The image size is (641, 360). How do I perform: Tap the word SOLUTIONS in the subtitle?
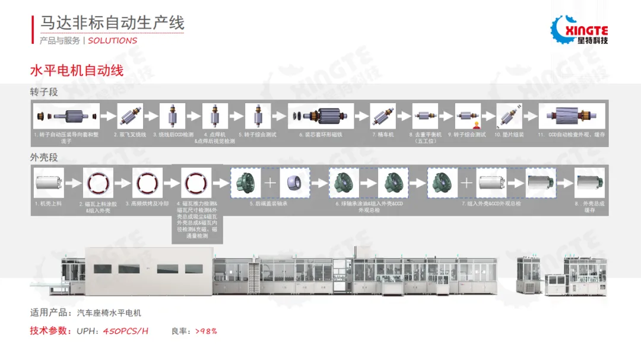coord(112,40)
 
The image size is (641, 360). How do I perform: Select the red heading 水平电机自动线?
coord(77,71)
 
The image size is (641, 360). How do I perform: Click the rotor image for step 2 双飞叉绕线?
coord(130,116)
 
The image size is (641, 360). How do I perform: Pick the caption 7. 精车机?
coord(382,135)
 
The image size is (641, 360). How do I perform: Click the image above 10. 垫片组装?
coord(509,116)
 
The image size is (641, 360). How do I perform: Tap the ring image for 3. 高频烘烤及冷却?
coord(147,182)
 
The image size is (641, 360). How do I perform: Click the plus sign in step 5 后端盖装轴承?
coord(270,183)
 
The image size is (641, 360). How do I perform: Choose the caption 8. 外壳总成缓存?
coord(589,206)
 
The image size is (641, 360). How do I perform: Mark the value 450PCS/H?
coord(126,331)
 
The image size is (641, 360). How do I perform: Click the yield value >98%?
coord(206,331)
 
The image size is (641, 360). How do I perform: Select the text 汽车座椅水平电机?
coord(109,313)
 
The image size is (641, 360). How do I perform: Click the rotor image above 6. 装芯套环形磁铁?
coord(320,116)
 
